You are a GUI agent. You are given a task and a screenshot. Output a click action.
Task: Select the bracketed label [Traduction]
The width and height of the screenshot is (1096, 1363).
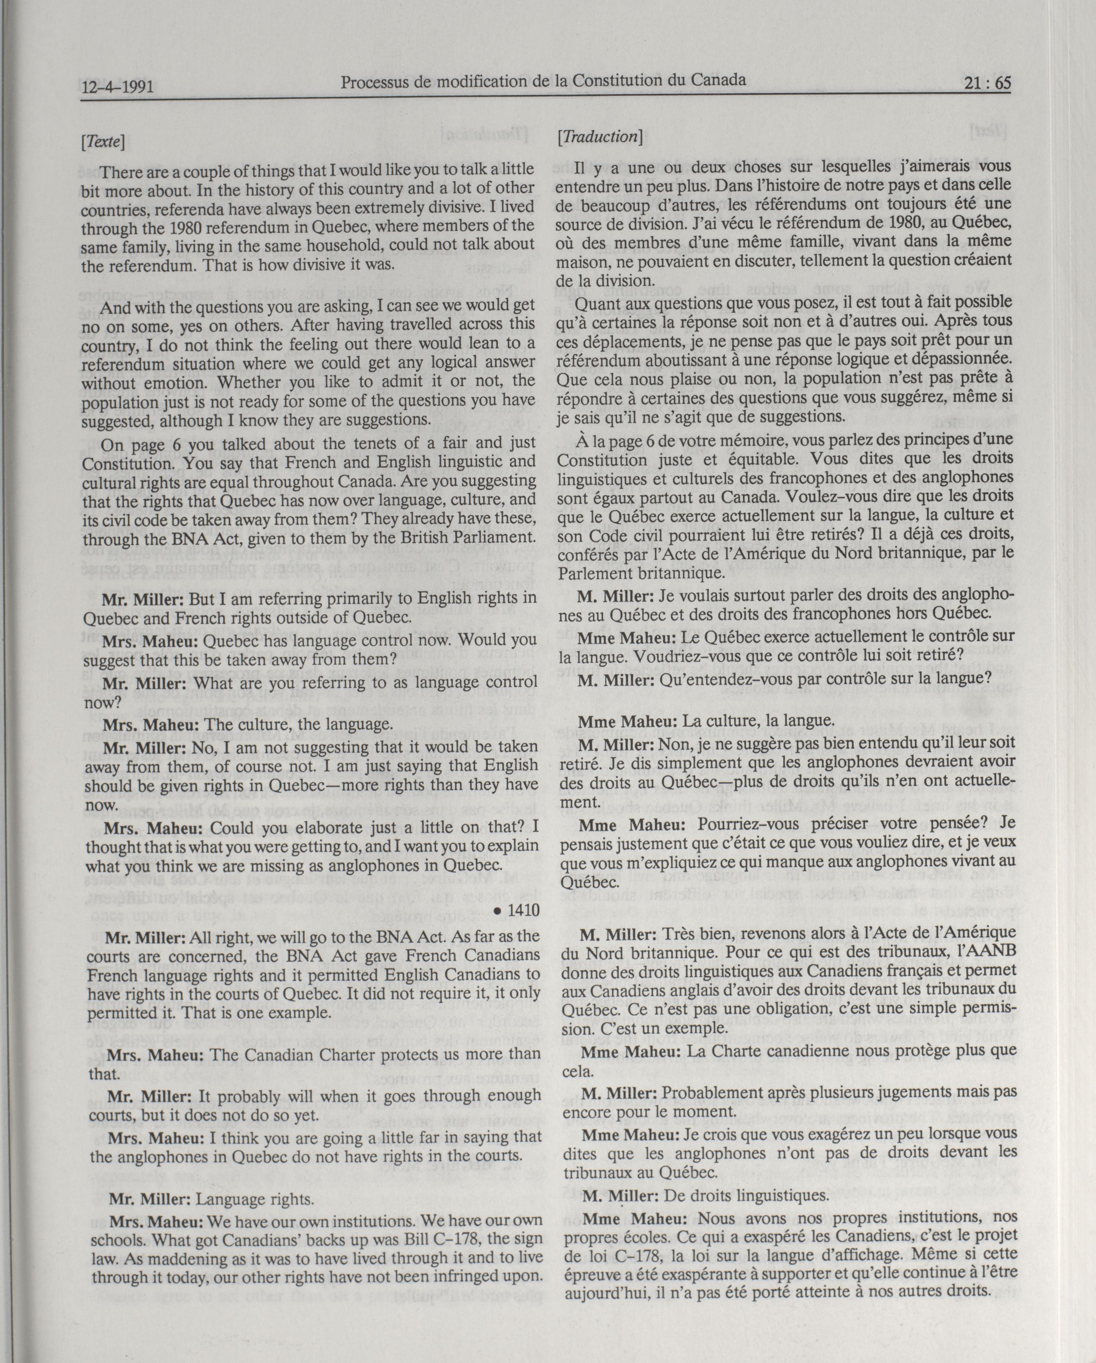pyautogui.click(x=600, y=137)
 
